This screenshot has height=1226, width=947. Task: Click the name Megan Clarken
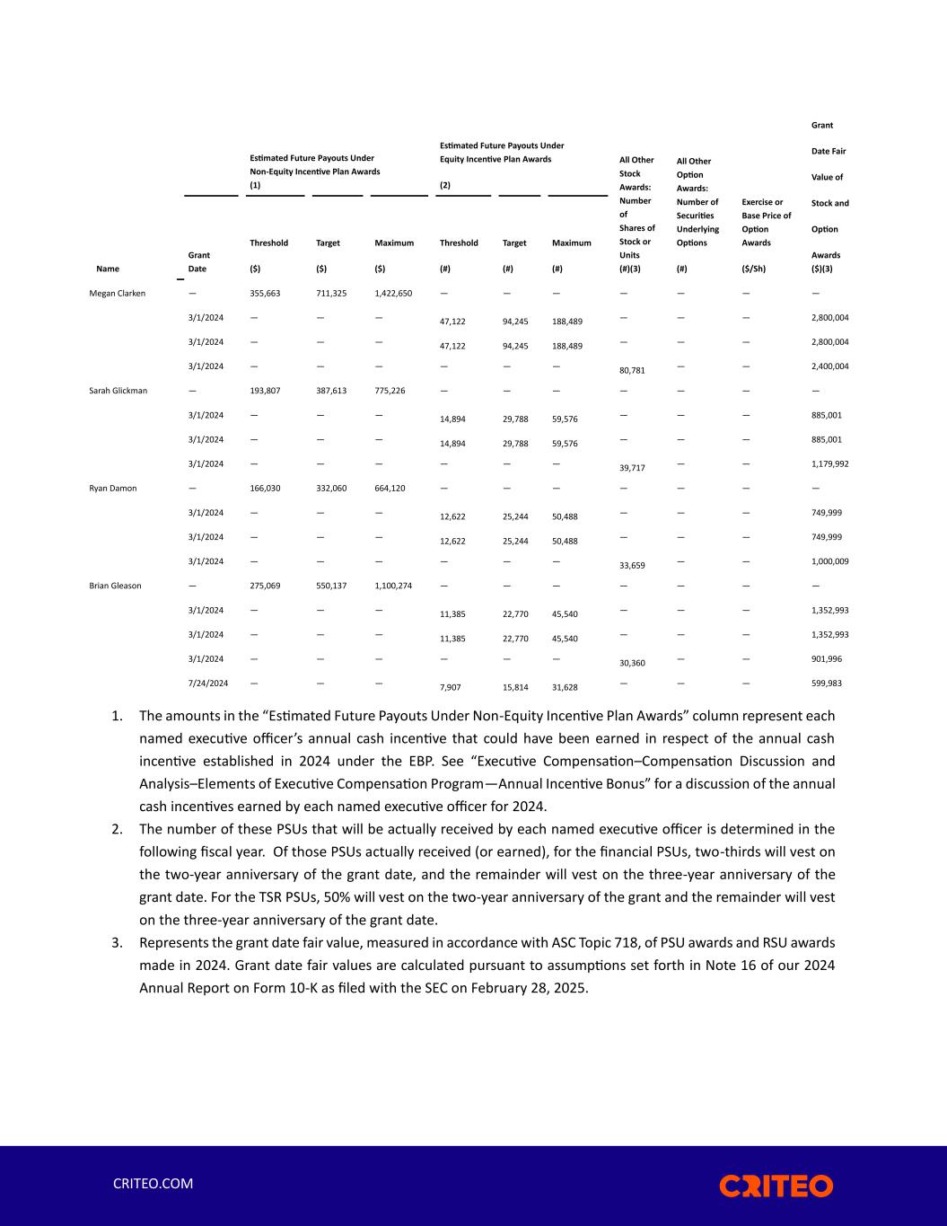coord(117,293)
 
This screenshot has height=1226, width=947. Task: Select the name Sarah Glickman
coord(118,391)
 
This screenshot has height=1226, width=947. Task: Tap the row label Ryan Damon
coord(113,489)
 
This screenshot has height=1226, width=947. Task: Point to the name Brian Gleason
coord(115,586)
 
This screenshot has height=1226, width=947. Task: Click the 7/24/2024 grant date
coord(207,684)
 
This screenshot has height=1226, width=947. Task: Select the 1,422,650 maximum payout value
coord(393,293)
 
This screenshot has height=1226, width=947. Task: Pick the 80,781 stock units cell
coord(632,370)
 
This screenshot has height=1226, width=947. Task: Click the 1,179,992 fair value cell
coord(829,464)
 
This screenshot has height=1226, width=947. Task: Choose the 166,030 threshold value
coord(265,489)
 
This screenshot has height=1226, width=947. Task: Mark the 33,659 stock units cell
coord(632,566)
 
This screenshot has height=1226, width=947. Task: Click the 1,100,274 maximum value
coord(393,586)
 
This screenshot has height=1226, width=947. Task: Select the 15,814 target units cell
coord(515,687)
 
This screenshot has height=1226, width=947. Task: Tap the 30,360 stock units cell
coord(632,663)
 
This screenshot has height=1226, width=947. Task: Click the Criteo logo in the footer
coord(776,1186)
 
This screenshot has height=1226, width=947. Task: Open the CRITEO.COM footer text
coord(153,1184)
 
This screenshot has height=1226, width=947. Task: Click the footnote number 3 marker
coord(117,943)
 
